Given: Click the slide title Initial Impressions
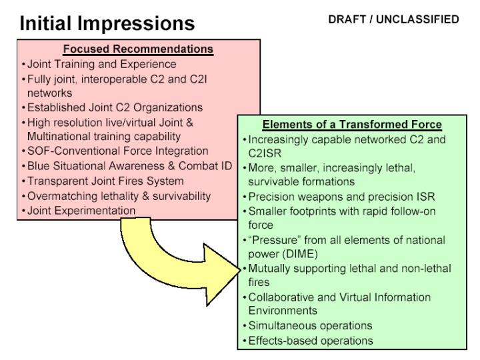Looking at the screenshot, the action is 107,23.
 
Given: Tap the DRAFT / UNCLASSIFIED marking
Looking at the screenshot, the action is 393,19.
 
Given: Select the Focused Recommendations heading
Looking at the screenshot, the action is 138,49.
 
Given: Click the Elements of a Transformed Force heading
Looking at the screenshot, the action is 352,124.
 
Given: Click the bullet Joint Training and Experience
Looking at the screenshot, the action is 101,64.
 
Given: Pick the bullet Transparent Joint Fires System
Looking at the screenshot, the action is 105,181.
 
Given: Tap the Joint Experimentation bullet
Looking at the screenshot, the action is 81,211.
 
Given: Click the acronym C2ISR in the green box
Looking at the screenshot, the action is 265,153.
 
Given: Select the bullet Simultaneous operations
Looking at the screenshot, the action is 310,325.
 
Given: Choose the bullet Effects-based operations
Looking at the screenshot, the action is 311,341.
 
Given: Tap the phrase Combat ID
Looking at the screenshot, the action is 205,165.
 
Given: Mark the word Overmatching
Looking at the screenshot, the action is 62,196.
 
